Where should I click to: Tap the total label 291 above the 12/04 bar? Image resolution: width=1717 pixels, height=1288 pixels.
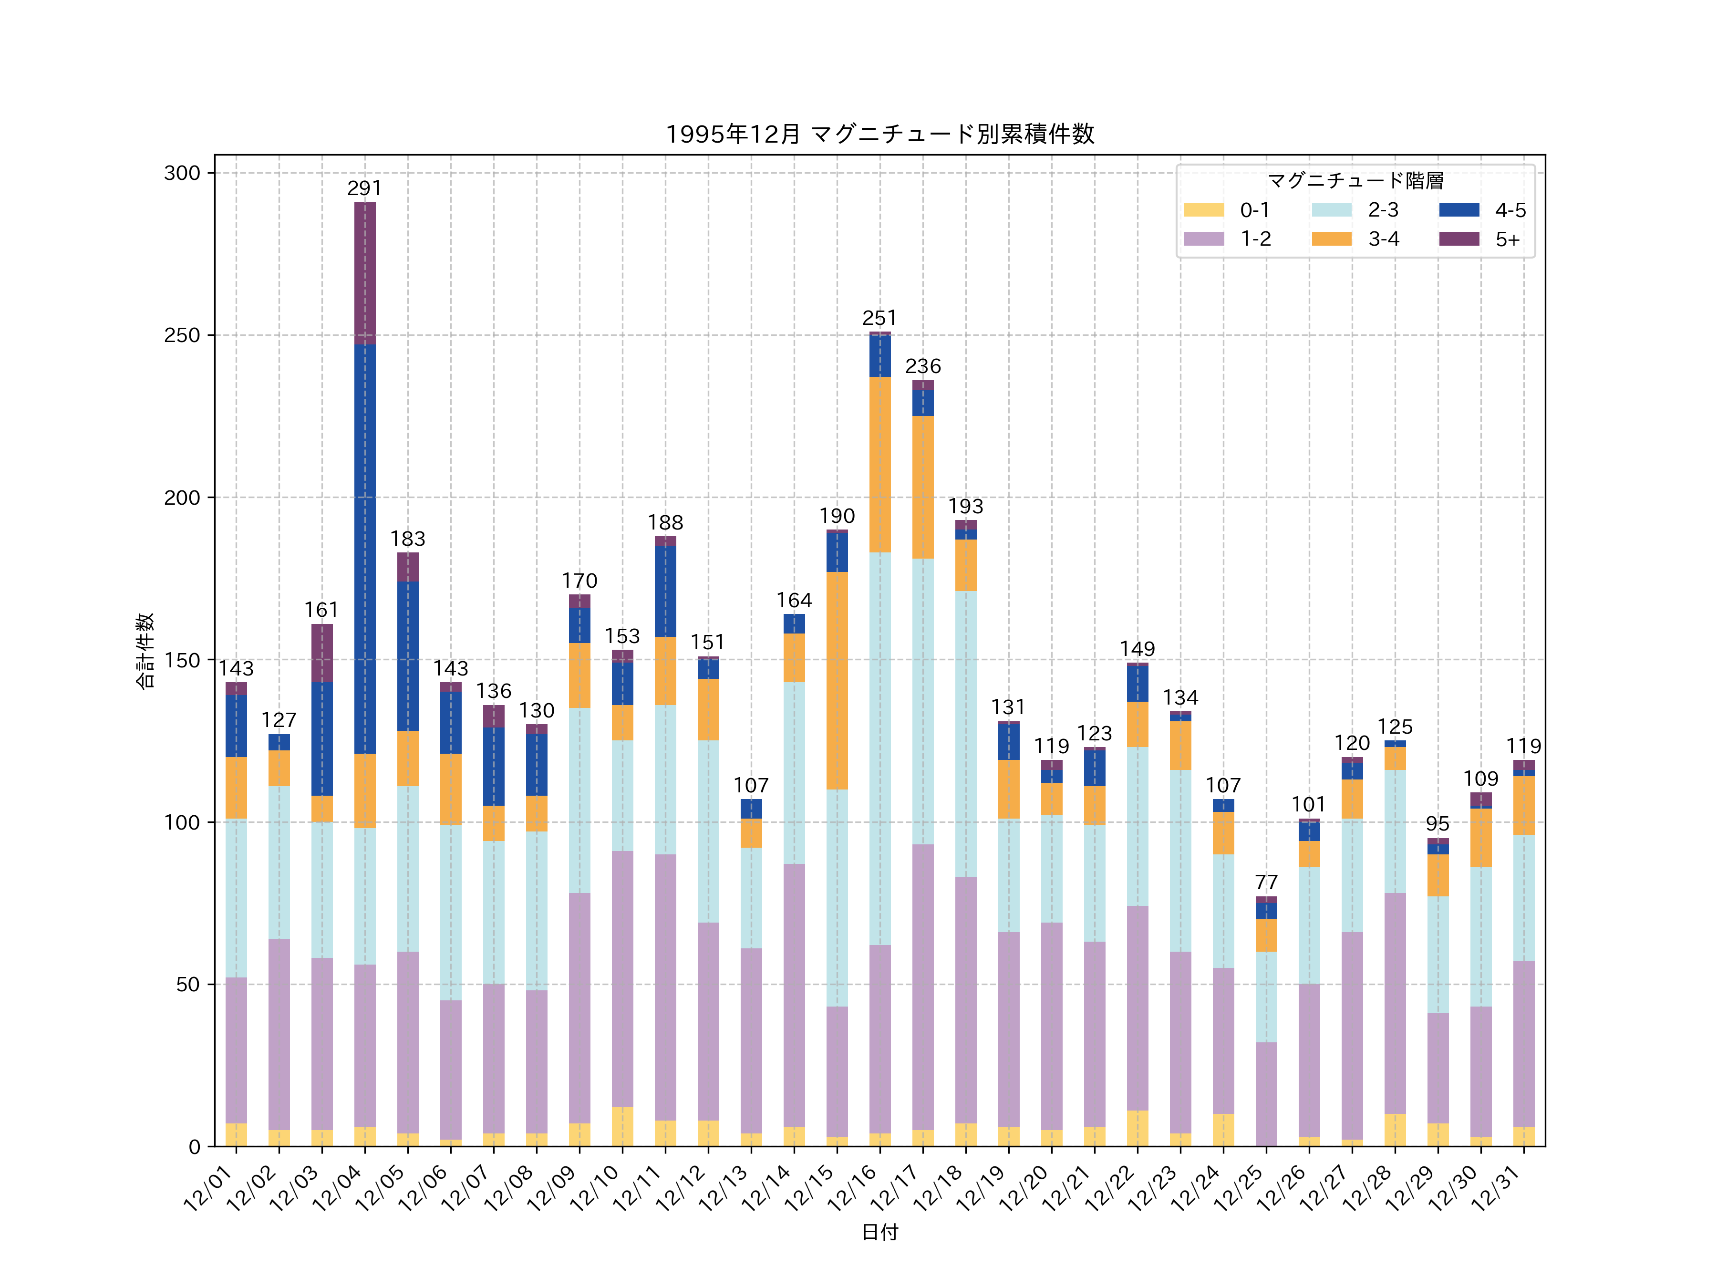pos(365,188)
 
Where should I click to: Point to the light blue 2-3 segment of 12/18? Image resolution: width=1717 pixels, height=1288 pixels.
pos(966,734)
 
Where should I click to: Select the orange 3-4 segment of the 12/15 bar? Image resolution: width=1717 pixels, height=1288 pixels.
pos(837,680)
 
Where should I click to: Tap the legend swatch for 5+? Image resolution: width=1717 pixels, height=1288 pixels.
pos(1458,239)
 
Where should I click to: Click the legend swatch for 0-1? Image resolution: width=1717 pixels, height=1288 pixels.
pos(1203,209)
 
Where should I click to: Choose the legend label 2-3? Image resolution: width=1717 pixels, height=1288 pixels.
pos(1383,209)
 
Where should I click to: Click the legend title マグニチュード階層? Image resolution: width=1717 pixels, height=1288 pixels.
pos(1355,181)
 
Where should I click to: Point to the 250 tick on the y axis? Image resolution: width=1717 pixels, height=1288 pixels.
pos(182,335)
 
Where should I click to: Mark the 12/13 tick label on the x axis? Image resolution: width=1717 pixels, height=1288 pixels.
pos(724,1188)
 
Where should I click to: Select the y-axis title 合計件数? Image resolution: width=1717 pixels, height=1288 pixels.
pos(145,651)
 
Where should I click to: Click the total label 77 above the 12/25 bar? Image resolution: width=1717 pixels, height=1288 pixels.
pos(1266,882)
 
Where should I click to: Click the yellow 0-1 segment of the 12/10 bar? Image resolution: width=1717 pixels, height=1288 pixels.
pos(622,1126)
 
